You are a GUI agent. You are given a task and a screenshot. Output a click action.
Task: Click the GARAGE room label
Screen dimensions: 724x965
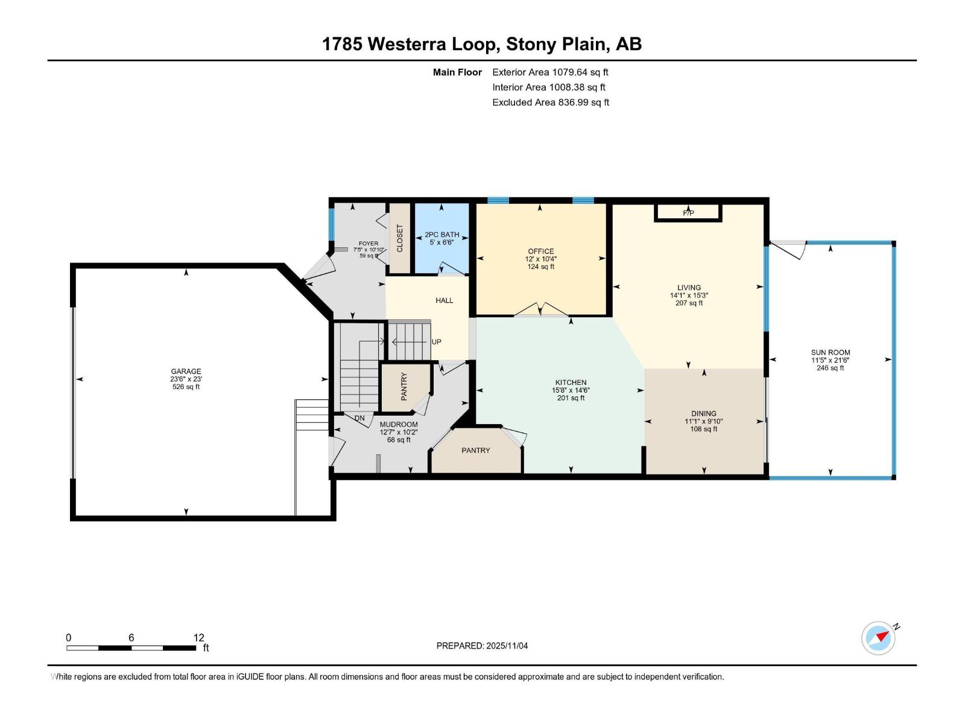click(x=186, y=372)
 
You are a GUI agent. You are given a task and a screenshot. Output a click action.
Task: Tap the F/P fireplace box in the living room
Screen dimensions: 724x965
click(x=688, y=213)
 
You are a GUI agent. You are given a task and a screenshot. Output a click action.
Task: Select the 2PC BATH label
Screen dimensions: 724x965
click(x=441, y=235)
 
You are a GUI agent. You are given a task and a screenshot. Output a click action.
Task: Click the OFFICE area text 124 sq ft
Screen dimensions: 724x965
click(x=540, y=267)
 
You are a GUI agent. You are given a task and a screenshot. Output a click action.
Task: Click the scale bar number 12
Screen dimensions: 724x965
click(x=199, y=638)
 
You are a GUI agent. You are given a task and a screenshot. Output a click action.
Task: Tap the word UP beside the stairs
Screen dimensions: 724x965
click(x=437, y=341)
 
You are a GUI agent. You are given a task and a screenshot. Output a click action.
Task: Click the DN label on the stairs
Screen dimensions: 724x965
click(x=359, y=418)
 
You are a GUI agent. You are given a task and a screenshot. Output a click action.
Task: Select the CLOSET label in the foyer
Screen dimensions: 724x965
click(x=399, y=238)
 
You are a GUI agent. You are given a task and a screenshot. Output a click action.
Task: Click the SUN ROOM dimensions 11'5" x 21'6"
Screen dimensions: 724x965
click(x=830, y=360)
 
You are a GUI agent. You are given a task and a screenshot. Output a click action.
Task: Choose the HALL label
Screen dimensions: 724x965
click(x=444, y=300)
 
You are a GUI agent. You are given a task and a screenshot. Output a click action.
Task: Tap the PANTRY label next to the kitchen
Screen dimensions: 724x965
click(x=476, y=451)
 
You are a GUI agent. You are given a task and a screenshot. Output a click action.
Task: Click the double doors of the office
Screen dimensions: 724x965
click(x=540, y=310)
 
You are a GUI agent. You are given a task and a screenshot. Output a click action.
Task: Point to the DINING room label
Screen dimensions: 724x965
click(x=703, y=414)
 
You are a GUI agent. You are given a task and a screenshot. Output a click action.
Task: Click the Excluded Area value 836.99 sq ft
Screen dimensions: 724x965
click(x=583, y=103)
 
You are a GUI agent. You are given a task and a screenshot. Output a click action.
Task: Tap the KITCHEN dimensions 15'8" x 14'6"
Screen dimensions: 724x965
click(x=571, y=390)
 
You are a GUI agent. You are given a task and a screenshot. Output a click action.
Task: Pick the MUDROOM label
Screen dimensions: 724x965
click(x=398, y=425)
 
